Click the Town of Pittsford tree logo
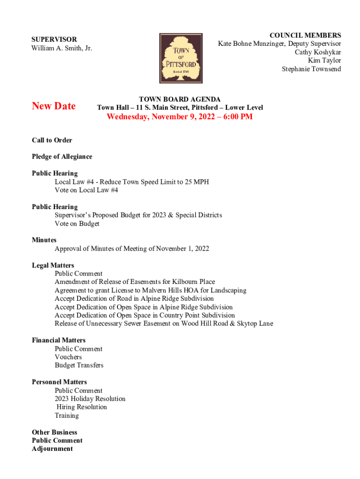coord(181,58)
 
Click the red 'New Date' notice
coord(53,106)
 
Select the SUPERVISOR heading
coord(54,40)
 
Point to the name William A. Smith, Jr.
coord(62,48)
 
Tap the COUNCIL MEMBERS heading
coord(305,36)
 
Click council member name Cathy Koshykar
coord(317,52)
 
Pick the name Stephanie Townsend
coord(311,69)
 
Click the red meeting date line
coord(180,117)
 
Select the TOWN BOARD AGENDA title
coord(180,99)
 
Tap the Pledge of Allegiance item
coord(62,157)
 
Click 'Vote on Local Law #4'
coord(86,190)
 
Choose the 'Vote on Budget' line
coord(77,224)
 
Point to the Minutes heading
coord(44,240)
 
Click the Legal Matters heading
coord(53,265)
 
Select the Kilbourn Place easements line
coord(135,282)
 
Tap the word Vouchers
coord(68,357)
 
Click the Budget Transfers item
coord(79,365)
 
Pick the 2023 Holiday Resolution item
coord(90,399)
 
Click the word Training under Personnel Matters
coord(66,415)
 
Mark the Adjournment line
coord(52,449)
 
